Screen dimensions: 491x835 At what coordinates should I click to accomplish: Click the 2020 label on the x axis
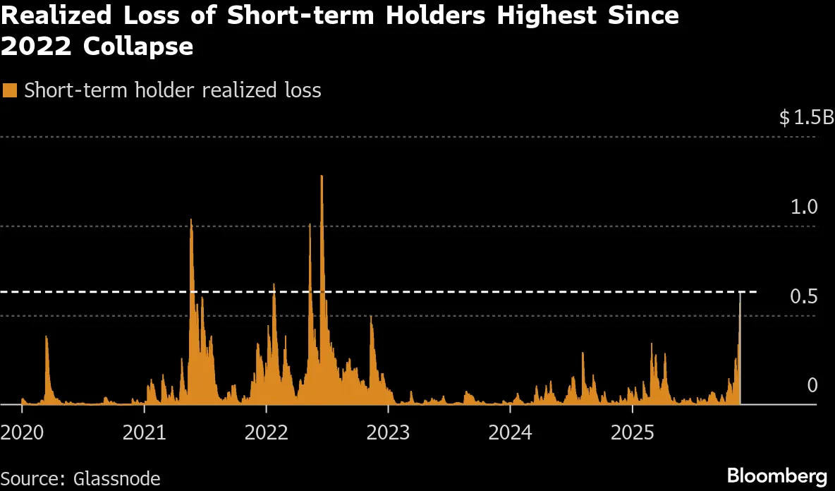pos(22,431)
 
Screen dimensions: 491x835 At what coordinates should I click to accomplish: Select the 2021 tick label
pos(144,431)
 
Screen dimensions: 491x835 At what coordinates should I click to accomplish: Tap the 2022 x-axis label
pos(266,431)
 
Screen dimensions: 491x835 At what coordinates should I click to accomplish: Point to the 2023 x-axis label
pos(388,431)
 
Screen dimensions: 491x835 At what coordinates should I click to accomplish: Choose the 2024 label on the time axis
pos(510,431)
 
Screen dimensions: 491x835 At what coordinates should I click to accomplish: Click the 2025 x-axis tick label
pos(632,431)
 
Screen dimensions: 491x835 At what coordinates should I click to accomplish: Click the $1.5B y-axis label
pos(806,118)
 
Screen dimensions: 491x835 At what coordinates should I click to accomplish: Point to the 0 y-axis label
pos(812,385)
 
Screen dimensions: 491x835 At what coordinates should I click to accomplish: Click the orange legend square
pos(10,90)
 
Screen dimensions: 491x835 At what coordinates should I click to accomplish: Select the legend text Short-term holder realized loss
pos(173,90)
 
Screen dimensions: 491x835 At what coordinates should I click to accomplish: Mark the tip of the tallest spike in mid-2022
pos(322,176)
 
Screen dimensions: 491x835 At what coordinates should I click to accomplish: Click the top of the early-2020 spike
pos(47,337)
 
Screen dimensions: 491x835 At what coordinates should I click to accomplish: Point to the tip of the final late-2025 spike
pos(740,292)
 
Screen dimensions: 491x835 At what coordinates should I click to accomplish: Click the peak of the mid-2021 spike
pos(191,220)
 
